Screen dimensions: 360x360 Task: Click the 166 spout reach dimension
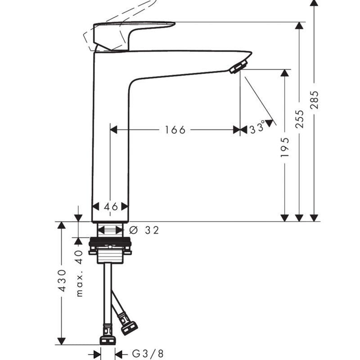175,130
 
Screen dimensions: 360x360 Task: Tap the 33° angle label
257,128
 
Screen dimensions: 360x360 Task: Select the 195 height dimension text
284,148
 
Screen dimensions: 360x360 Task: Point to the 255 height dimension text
299,119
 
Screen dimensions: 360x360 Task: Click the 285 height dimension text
314,100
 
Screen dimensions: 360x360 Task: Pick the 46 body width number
111,207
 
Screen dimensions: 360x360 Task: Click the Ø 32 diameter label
144,230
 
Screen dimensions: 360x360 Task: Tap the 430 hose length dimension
62,280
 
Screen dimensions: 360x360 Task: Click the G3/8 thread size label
148,354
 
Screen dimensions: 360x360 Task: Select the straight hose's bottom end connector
108,340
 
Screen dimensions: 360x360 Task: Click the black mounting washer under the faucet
110,241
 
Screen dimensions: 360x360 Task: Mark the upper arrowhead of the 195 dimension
284,73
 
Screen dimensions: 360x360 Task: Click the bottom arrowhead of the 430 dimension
61,341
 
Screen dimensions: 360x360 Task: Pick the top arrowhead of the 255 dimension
299,26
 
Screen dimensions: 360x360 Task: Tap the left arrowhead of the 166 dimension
114,130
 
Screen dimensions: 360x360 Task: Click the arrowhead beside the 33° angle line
269,123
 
